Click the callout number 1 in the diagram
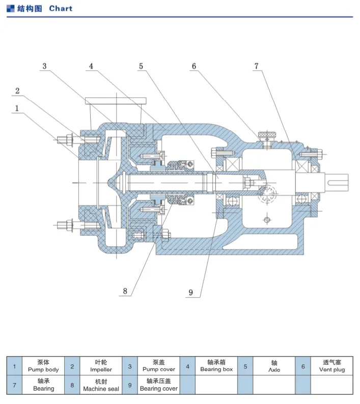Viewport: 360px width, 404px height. (x=17, y=108)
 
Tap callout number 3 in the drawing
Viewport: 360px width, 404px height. (x=45, y=66)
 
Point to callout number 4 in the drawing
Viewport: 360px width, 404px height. (x=91, y=66)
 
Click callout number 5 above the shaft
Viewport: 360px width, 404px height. (x=141, y=66)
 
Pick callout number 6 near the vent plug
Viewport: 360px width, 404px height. (x=194, y=66)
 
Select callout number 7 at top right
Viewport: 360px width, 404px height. (x=257, y=66)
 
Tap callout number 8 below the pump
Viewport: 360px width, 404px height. (x=124, y=292)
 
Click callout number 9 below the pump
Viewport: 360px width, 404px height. (x=191, y=292)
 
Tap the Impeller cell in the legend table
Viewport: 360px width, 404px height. (x=101, y=366)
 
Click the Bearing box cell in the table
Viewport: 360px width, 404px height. (x=216, y=366)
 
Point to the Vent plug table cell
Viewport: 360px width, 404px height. (x=332, y=366)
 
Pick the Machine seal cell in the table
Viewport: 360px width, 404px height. (x=101, y=385)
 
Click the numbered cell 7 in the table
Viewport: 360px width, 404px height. (x=14, y=385)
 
